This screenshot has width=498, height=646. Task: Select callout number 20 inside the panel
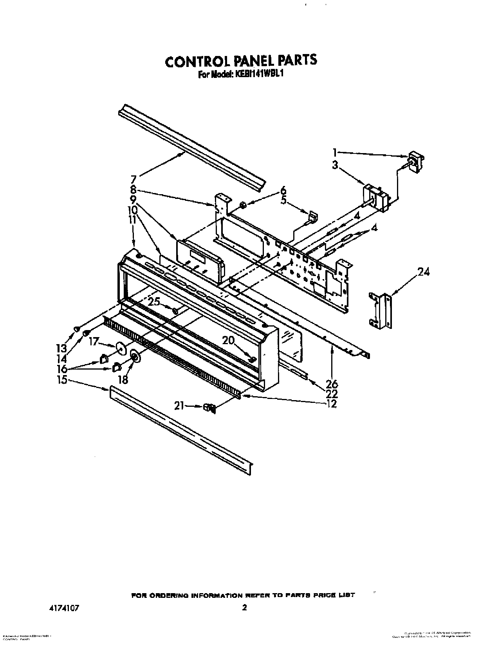pyautogui.click(x=229, y=341)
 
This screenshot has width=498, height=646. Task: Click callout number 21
pyautogui.click(x=179, y=406)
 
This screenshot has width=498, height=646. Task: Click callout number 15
pyautogui.click(x=62, y=380)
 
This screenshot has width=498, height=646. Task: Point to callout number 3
pyautogui.click(x=335, y=165)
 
